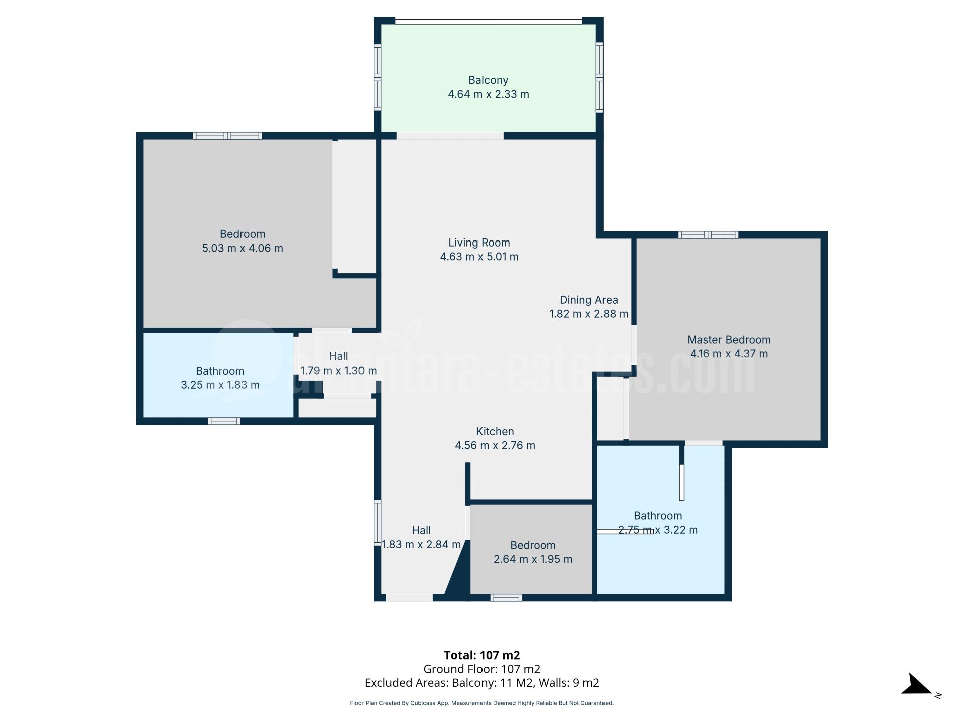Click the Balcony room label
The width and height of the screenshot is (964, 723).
tap(488, 80)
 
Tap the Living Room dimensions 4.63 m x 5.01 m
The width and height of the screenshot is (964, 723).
tap(479, 257)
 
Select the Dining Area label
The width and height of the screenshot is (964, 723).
tap(588, 300)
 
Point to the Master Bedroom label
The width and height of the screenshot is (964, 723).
tap(729, 340)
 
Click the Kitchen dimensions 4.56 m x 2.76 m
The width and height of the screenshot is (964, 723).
tap(495, 445)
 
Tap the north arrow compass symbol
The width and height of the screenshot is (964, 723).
tap(918, 685)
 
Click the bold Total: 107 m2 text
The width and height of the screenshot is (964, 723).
tap(481, 655)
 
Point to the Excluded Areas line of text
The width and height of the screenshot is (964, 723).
tap(481, 683)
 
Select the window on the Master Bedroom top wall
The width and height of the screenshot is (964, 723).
tap(707, 235)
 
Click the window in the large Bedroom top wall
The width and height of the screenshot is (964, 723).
tap(227, 136)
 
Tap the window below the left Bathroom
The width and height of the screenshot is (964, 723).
tap(224, 421)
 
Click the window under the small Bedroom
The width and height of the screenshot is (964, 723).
tap(506, 598)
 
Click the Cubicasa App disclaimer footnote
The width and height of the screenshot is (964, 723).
tap(481, 703)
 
